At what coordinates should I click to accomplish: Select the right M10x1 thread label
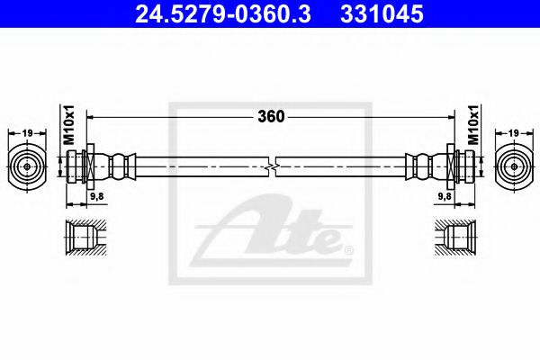(473, 127)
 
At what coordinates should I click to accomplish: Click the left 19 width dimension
(27, 132)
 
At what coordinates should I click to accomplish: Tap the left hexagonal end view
(27, 166)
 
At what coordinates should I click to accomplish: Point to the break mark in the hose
(273, 166)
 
